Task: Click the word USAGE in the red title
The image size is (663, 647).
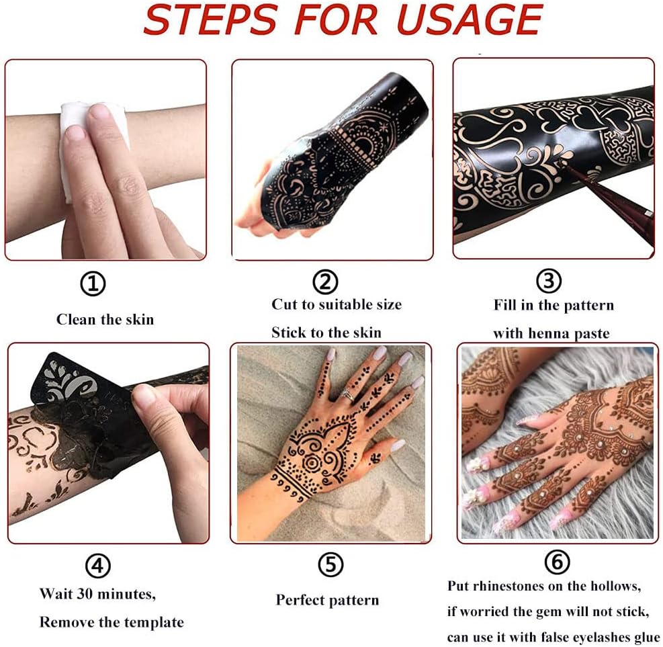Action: pyautogui.click(x=470, y=19)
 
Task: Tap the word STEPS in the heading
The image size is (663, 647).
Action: pyautogui.click(x=210, y=19)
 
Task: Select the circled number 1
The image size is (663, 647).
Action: pyautogui.click(x=93, y=284)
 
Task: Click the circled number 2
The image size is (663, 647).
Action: pyautogui.click(x=325, y=282)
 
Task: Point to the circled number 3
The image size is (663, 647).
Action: pyautogui.click(x=549, y=281)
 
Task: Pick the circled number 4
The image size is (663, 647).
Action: pyautogui.click(x=98, y=566)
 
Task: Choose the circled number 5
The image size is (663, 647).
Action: pyautogui.click(x=330, y=564)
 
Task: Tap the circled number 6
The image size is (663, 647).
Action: pyautogui.click(x=558, y=562)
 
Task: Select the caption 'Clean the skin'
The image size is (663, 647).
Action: pyautogui.click(x=105, y=319)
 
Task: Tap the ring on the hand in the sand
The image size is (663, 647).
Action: pyautogui.click(x=348, y=395)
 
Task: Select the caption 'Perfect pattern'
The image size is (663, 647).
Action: pyautogui.click(x=327, y=600)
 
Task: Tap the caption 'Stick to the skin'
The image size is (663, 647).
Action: pyautogui.click(x=326, y=333)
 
